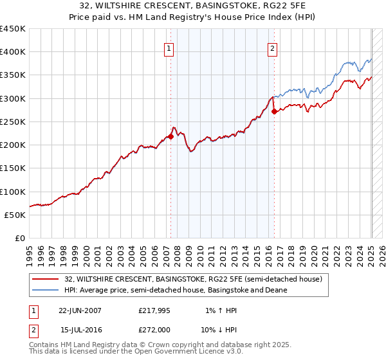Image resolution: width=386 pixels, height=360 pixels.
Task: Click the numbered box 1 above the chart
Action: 168,48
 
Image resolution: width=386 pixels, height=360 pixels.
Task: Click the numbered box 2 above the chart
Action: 272,48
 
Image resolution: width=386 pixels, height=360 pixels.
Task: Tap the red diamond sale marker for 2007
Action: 171,136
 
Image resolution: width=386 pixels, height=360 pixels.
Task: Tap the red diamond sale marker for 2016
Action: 275,111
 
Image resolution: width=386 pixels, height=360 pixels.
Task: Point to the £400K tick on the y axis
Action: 13,52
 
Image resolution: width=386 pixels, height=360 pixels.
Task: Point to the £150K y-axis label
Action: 13,168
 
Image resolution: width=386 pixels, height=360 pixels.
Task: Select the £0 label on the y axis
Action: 20,238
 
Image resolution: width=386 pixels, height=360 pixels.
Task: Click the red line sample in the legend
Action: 46,278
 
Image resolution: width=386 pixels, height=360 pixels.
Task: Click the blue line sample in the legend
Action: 46,290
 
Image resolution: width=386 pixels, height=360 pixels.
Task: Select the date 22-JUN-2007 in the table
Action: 80,310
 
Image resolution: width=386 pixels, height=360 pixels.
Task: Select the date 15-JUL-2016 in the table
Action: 81,329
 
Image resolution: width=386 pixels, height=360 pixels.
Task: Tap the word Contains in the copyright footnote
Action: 46,345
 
